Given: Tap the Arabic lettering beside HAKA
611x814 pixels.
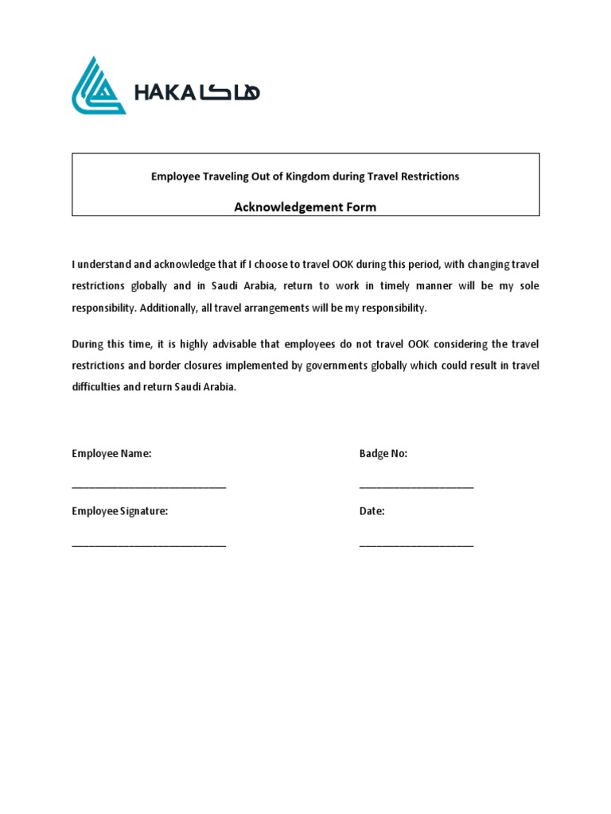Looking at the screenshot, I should coord(230,93).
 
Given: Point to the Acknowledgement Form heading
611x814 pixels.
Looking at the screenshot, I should coord(305,207).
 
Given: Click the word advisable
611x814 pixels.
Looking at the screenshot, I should coord(217,344).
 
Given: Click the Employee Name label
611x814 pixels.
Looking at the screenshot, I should coord(111,454).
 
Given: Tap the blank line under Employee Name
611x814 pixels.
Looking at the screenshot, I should coord(149,486).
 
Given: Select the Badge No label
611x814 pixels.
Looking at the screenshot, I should coord(383,454).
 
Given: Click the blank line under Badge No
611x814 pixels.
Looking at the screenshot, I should coord(416,486).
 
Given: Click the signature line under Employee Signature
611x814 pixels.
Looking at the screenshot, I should coord(149,545).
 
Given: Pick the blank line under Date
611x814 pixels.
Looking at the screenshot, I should coord(416,545).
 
